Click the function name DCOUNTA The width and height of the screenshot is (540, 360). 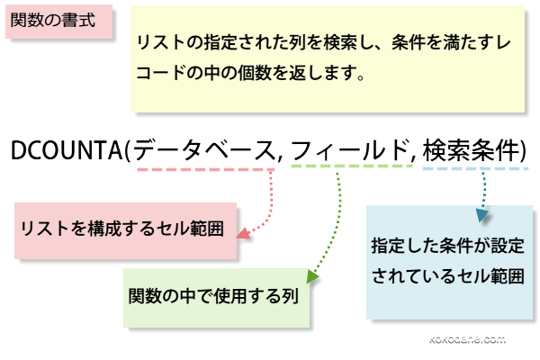(67, 148)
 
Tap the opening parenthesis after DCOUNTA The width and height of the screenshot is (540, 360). (129, 149)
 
